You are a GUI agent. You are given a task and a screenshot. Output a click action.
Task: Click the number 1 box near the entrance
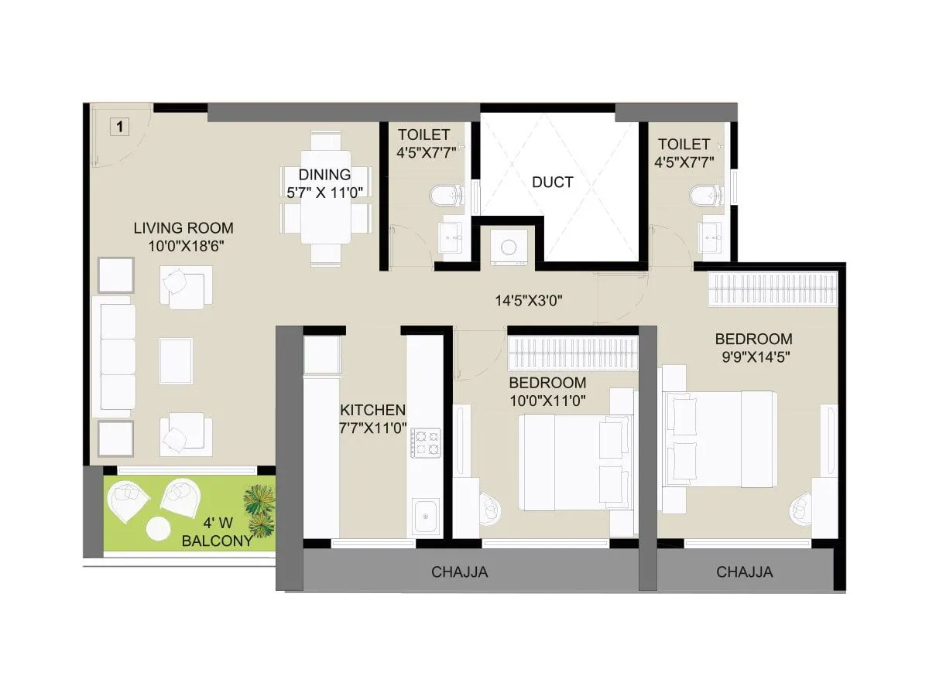tap(119, 126)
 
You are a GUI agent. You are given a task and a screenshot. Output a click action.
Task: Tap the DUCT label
tap(553, 183)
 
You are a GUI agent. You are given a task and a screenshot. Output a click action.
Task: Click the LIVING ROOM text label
tap(183, 228)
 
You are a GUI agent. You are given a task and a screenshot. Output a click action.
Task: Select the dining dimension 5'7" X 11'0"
tap(325, 193)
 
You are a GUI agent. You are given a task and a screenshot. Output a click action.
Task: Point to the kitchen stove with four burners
tap(425, 442)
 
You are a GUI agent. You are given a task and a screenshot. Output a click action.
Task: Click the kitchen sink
tap(425, 517)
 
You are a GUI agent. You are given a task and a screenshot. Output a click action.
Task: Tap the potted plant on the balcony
tap(259, 510)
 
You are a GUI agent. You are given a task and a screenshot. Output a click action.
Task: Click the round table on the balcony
tap(158, 529)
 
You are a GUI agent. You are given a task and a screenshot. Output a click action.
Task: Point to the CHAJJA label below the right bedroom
tap(744, 572)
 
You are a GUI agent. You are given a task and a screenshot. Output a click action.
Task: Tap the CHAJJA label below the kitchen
tap(460, 572)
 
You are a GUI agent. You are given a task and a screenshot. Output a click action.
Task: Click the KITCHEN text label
tap(373, 410)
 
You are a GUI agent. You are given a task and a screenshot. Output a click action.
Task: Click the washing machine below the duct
tap(509, 247)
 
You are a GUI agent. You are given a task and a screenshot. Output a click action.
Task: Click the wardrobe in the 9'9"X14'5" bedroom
tap(773, 289)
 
